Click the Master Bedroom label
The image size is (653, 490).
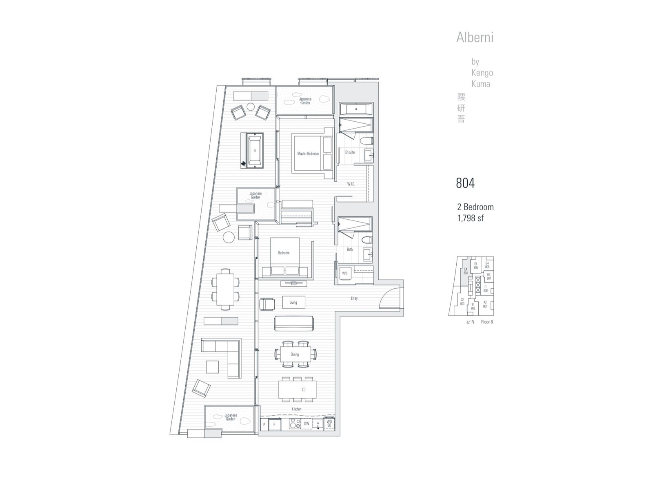click(308, 154)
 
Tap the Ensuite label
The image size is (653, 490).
click(350, 152)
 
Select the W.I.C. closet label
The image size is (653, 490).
click(351, 184)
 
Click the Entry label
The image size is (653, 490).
click(354, 298)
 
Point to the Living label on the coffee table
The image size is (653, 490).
click(293, 303)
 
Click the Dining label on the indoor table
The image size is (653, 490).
click(295, 354)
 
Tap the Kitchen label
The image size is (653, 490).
click(296, 409)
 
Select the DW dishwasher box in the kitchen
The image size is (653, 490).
click(307, 424)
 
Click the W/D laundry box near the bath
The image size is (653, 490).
click(345, 274)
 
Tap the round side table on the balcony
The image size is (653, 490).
click(229, 237)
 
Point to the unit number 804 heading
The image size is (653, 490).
click(465, 183)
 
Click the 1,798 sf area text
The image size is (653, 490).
click(471, 218)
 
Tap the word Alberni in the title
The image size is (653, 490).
click(475, 38)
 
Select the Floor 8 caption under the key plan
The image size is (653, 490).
click(487, 322)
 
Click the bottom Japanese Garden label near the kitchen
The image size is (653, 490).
click(231, 417)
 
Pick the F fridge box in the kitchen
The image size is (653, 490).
click(275, 425)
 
